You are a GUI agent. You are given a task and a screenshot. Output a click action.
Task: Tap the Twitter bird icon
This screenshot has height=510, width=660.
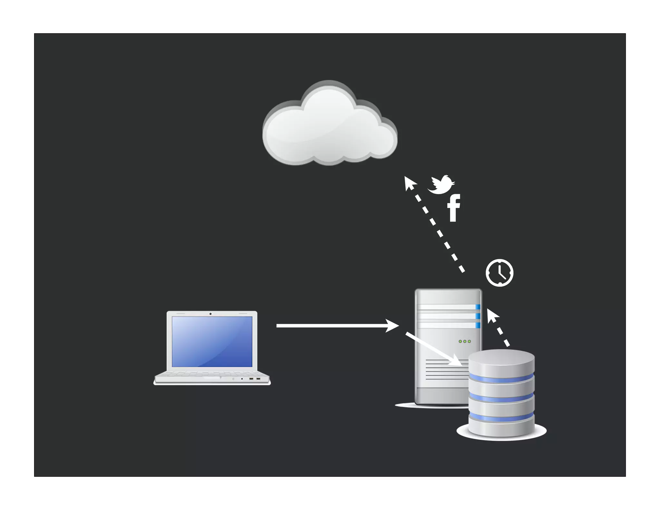click(441, 185)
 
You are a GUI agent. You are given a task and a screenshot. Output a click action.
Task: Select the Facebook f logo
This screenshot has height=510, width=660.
click(453, 208)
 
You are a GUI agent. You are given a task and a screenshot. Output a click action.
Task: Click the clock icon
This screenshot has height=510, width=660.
click(499, 272)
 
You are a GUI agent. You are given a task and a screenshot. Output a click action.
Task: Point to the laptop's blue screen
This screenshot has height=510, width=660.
click(212, 341)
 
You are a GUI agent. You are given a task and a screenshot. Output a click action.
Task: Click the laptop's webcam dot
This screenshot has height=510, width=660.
click(210, 314)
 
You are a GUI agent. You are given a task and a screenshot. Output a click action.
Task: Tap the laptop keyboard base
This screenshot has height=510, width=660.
click(212, 378)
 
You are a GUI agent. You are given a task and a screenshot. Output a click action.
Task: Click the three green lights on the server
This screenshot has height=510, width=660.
click(464, 341)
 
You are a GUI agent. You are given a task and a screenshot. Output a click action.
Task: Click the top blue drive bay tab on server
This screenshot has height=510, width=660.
click(478, 307)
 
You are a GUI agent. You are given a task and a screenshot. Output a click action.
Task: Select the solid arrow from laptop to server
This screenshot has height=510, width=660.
click(332, 326)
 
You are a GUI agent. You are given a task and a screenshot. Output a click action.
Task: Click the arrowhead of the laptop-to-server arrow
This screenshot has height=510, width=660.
click(393, 326)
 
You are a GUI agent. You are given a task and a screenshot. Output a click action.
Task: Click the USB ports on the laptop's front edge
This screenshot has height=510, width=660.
click(254, 379)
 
